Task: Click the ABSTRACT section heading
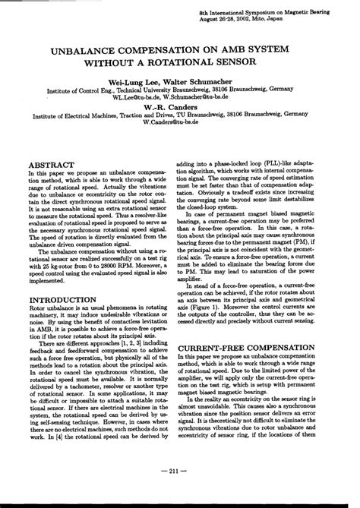[51, 164]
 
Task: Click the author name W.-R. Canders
[180, 107]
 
